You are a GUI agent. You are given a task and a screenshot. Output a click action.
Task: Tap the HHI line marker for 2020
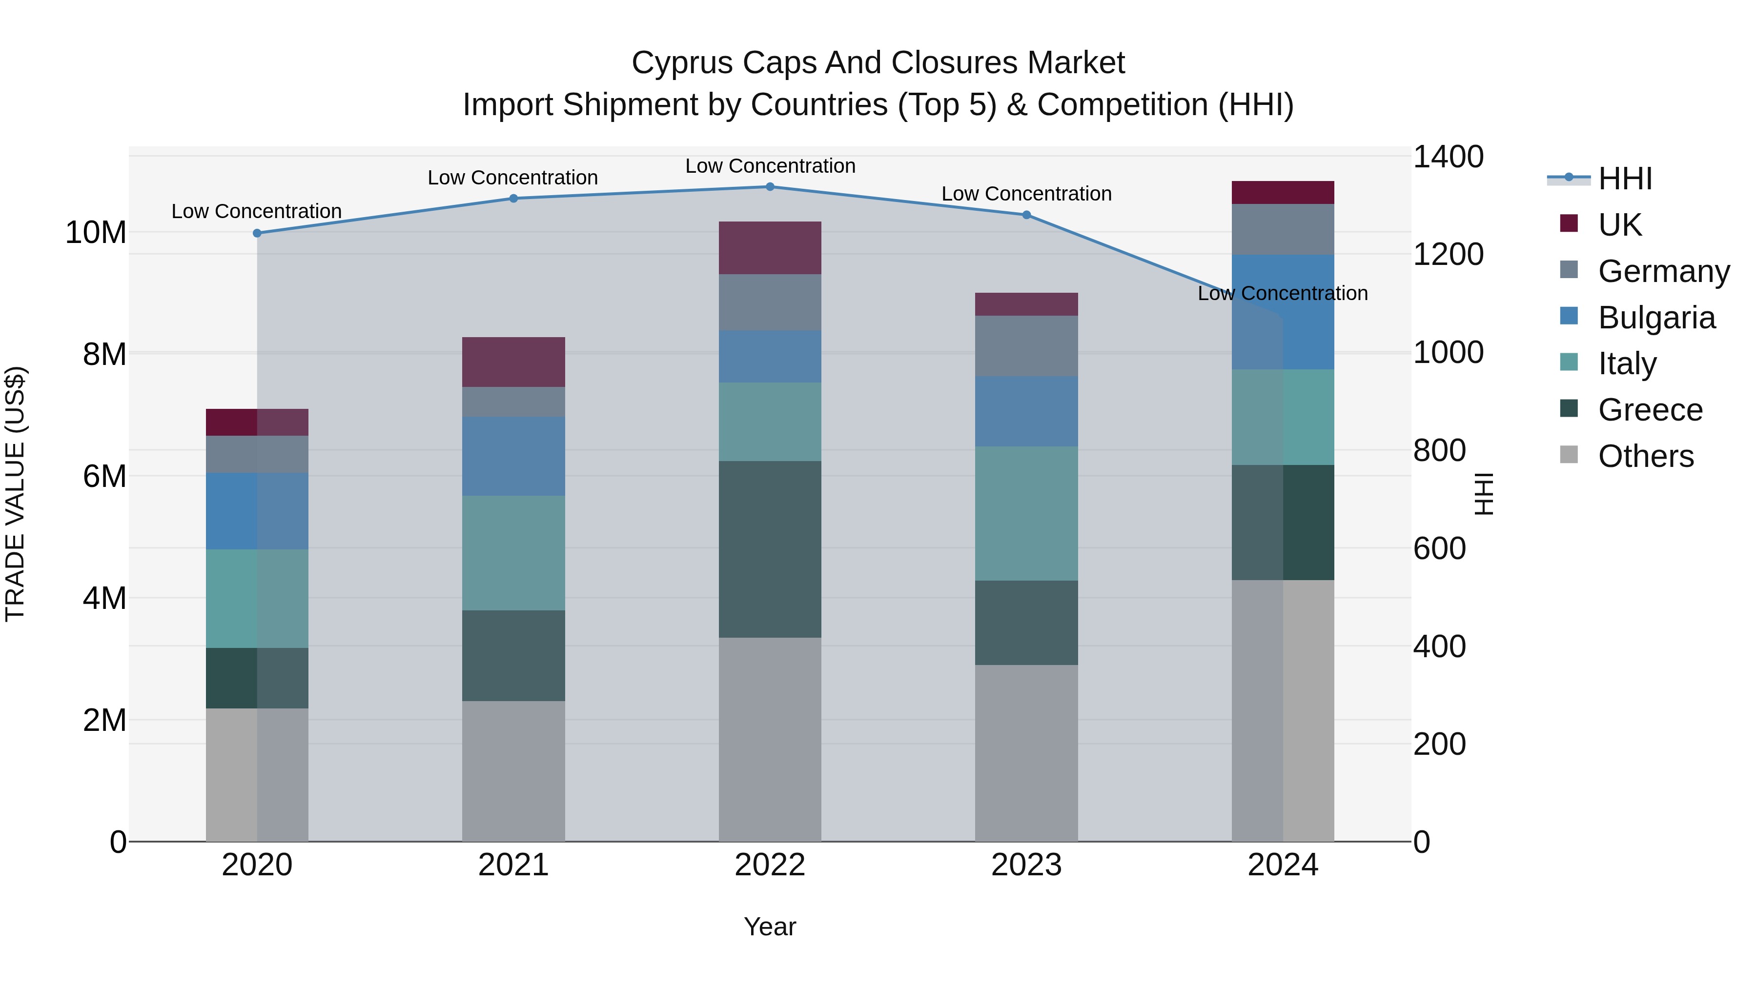257,233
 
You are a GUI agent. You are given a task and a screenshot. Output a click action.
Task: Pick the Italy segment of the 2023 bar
1026,513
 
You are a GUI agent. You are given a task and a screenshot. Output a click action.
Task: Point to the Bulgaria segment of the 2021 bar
513,456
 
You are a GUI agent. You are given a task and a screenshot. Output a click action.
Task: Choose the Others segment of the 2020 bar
257,775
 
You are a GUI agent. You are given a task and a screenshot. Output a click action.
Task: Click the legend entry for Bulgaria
1655,318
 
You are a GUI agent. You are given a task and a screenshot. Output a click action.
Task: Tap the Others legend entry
1645,456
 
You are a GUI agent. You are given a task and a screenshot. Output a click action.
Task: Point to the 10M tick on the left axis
96,233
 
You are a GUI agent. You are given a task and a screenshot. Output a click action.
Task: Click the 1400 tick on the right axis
1448,157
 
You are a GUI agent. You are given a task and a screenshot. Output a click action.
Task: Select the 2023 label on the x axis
1026,865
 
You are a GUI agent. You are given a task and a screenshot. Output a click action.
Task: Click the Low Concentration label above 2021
512,178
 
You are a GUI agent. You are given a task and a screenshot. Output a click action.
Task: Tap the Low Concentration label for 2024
1282,294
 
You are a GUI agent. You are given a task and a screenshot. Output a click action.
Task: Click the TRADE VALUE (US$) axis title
15,494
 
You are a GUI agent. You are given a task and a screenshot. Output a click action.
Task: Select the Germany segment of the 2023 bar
1026,346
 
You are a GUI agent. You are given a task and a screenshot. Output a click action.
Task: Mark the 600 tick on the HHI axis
1439,549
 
